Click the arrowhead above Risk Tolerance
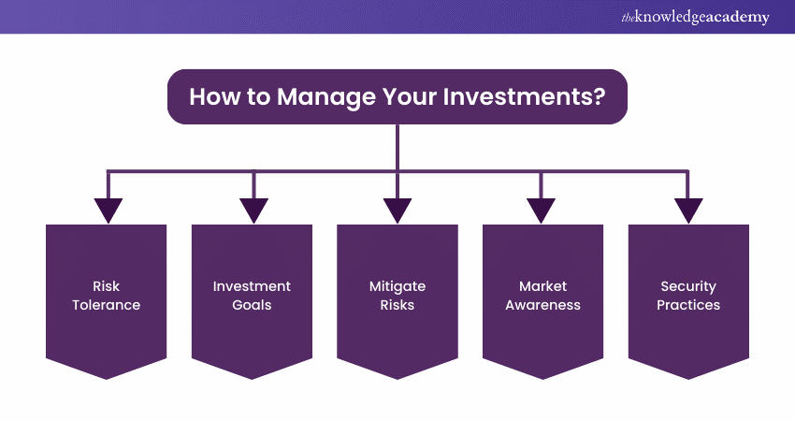108,210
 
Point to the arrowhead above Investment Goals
253,210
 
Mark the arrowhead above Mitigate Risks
397,210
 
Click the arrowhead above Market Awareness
542,210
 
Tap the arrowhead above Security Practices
688,210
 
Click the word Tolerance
106,305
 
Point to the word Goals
252,305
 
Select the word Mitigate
397,286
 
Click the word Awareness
542,305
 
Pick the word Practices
688,305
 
